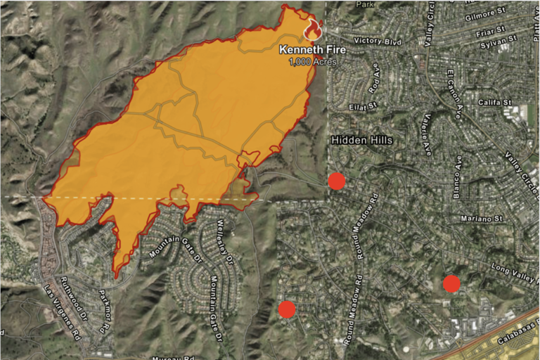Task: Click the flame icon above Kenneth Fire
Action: click(312, 29)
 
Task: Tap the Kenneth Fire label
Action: click(309, 50)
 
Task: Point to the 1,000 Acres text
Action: click(312, 62)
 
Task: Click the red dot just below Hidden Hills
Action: click(337, 181)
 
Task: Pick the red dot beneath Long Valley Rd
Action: click(451, 283)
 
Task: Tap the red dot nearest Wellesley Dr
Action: click(286, 309)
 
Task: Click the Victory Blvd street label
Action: click(378, 41)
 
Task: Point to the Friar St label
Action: click(490, 30)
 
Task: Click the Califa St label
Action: click(494, 103)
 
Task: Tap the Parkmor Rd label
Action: click(105, 310)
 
